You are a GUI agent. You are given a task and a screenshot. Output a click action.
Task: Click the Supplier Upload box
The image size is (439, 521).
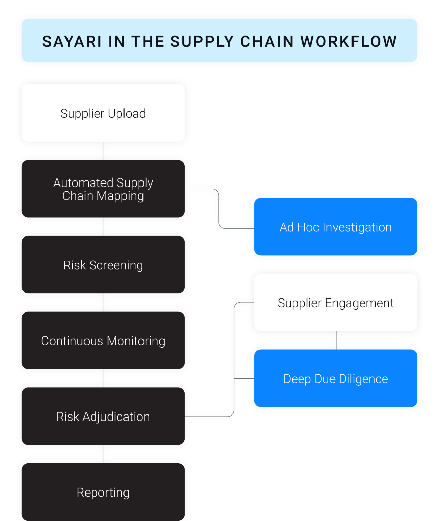pyautogui.click(x=103, y=113)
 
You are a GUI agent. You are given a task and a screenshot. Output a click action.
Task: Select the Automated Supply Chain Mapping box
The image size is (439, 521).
pyautogui.click(x=103, y=189)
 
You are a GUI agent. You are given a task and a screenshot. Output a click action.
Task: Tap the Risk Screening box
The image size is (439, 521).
pyautogui.click(x=103, y=265)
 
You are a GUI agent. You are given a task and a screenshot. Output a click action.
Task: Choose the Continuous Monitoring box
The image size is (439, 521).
pyautogui.click(x=103, y=341)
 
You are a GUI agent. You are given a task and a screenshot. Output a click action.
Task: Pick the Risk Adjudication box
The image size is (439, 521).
pyautogui.click(x=103, y=417)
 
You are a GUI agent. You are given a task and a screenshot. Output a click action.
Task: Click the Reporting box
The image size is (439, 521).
pyautogui.click(x=103, y=492)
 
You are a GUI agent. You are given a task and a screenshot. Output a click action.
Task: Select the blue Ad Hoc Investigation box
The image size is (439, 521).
pyautogui.click(x=336, y=227)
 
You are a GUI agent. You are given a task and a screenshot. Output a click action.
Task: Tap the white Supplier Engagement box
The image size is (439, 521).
pyautogui.click(x=336, y=303)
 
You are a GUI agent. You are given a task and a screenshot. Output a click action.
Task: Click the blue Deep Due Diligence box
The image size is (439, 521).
pyautogui.click(x=336, y=379)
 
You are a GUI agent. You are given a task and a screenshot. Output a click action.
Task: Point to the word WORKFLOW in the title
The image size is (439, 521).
pyautogui.click(x=348, y=42)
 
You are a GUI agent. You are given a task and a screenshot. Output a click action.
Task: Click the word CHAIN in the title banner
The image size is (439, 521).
pyautogui.click(x=267, y=42)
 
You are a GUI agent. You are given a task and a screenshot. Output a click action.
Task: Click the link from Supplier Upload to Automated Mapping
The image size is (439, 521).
pyautogui.click(x=104, y=151)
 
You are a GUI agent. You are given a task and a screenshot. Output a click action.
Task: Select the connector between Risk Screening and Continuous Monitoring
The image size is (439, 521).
pyautogui.click(x=104, y=303)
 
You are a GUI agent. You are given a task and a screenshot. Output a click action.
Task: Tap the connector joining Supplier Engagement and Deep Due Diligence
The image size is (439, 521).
pyautogui.click(x=336, y=341)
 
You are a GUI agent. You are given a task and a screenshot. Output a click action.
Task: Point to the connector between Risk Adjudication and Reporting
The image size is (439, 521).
pyautogui.click(x=104, y=455)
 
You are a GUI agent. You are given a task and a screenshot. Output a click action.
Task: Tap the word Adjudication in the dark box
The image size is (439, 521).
pyautogui.click(x=116, y=417)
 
